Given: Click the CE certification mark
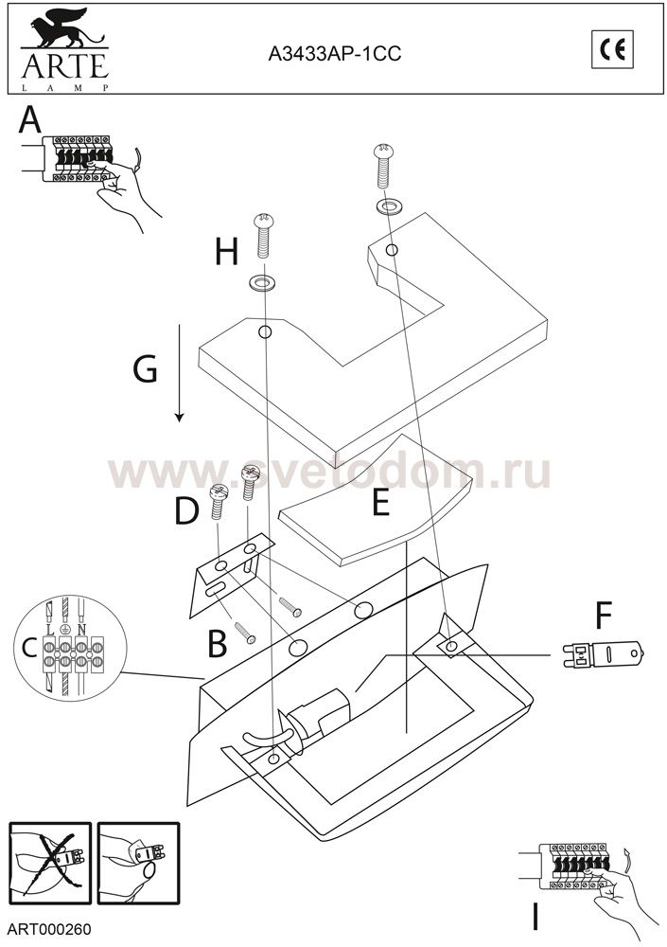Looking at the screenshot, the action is click(612, 49).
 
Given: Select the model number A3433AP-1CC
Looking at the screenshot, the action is click(334, 54).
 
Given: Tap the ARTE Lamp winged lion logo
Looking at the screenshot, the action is click(64, 49).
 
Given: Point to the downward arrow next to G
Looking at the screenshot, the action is click(179, 372).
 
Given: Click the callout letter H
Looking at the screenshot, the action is click(227, 252).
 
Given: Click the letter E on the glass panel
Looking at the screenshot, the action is click(380, 502).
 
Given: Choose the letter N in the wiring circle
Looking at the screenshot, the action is click(80, 630).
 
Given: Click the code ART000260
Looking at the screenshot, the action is click(49, 928).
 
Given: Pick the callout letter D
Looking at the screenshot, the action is click(186, 511).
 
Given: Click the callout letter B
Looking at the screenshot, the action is click(218, 643).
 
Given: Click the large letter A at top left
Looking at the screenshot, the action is click(30, 119).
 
